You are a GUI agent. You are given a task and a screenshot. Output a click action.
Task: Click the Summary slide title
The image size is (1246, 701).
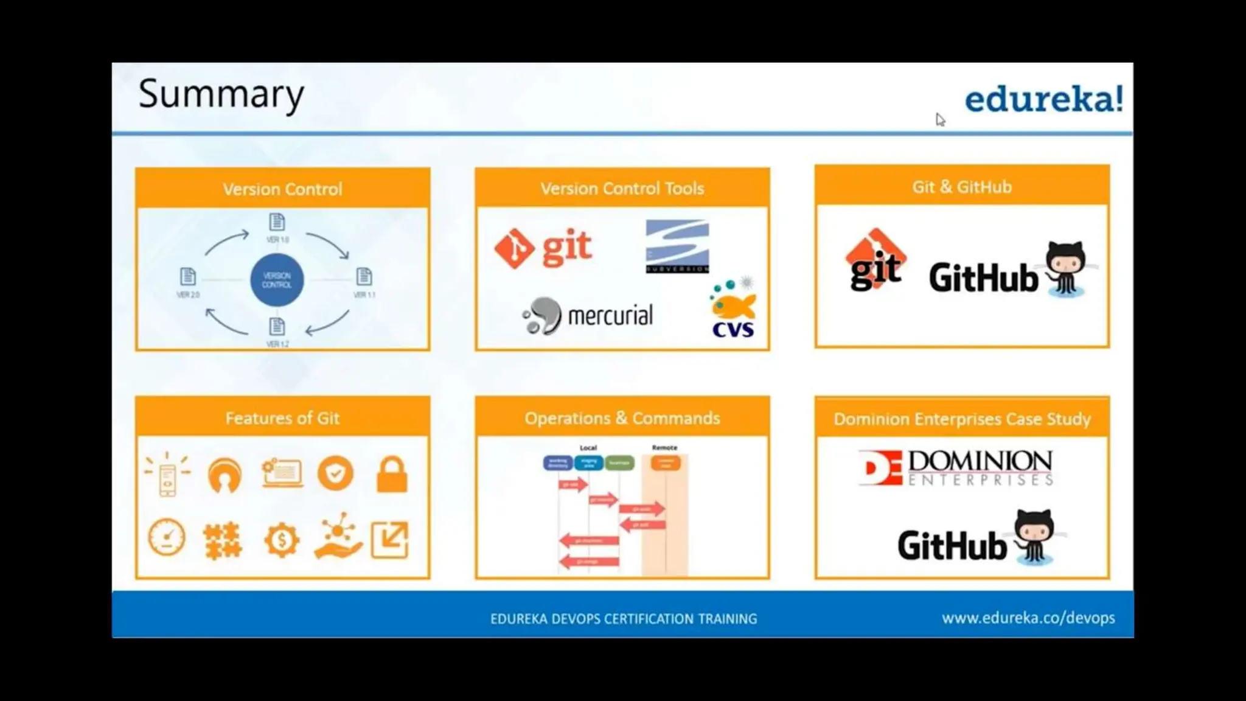[221, 94]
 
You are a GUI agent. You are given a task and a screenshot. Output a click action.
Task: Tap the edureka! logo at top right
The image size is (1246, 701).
[1043, 99]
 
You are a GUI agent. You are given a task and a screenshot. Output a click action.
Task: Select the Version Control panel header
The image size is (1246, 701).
[282, 189]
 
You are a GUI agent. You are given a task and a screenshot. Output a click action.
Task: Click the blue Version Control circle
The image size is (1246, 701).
[277, 281]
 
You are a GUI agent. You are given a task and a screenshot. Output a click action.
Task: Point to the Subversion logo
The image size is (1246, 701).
[677, 246]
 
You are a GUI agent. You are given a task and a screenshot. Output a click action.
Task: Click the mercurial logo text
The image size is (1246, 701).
[610, 316]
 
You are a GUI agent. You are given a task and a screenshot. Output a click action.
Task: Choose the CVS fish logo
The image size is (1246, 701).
[733, 309]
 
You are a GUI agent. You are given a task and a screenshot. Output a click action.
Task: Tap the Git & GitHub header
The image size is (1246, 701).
[961, 187]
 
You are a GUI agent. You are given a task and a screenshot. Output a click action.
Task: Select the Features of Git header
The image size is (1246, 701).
[282, 418]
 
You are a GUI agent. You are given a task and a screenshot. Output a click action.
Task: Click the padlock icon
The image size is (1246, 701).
[392, 475]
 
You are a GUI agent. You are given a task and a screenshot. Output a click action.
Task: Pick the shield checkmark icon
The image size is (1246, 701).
[335, 473]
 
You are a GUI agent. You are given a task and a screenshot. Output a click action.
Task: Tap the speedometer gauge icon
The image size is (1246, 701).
[167, 537]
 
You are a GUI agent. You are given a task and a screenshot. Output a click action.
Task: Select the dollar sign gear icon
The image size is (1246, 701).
[282, 540]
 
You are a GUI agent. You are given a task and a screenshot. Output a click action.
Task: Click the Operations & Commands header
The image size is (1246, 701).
[622, 418]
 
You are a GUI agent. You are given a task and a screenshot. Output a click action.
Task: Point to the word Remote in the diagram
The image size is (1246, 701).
[664, 447]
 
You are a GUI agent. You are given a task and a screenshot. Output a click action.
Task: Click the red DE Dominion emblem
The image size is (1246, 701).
[880, 468]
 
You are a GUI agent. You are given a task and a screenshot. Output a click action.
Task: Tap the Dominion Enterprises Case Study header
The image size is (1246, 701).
[961, 419]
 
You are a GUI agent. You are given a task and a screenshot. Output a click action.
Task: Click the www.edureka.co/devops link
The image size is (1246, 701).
[1028, 618]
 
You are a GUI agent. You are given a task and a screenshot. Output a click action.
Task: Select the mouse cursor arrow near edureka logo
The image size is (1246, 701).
[940, 119]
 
